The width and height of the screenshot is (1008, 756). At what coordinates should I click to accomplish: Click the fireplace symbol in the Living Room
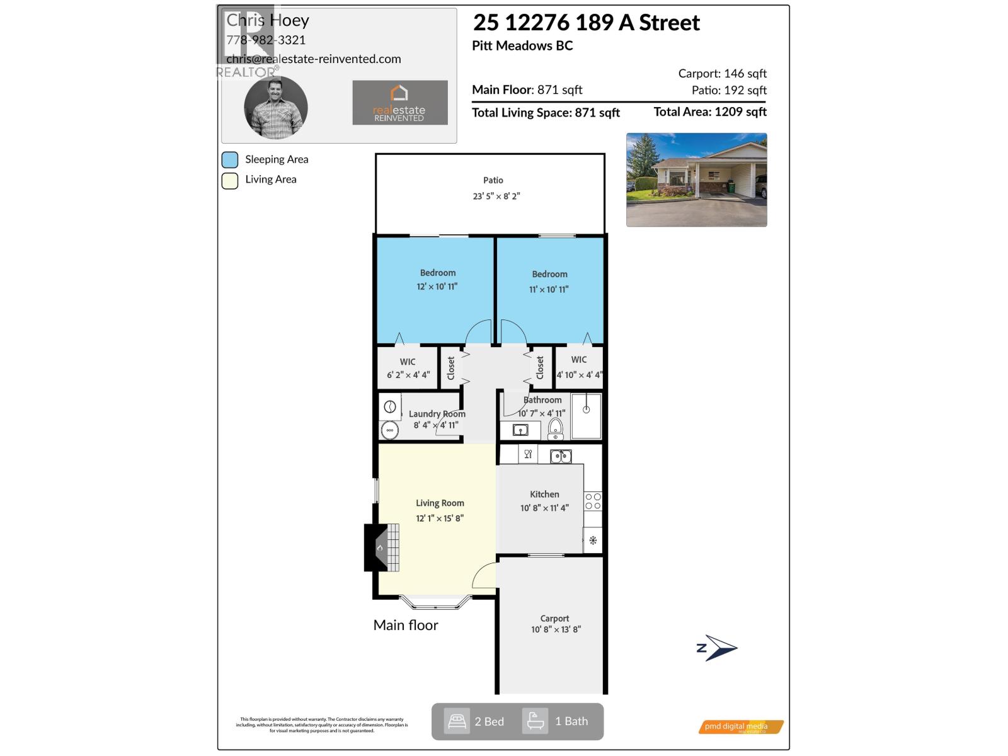pyautogui.click(x=381, y=547)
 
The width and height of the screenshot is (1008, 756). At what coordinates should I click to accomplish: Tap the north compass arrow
pyautogui.click(x=718, y=648)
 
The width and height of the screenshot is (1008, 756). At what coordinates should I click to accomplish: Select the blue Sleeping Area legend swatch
pyautogui.click(x=230, y=159)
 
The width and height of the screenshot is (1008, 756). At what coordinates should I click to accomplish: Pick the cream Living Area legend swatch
pyautogui.click(x=230, y=180)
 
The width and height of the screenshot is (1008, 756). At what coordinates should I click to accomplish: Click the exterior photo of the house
pyautogui.click(x=696, y=180)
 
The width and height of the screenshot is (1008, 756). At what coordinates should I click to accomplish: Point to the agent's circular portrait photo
pyautogui.click(x=276, y=107)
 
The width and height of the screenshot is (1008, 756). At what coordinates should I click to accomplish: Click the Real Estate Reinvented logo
pyautogui.click(x=399, y=102)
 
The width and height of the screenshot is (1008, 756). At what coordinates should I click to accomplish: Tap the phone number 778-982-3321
pyautogui.click(x=266, y=40)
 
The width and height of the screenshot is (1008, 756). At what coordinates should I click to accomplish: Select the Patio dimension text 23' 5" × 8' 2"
pyautogui.click(x=496, y=196)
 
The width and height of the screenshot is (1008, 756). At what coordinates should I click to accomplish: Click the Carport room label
pyautogui.click(x=554, y=619)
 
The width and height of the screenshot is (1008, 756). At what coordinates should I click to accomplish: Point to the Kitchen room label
pyautogui.click(x=544, y=495)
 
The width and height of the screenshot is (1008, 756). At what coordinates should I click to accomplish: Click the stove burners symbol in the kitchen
pyautogui.click(x=593, y=501)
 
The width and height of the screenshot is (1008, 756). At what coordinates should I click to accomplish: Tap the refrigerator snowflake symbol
pyautogui.click(x=593, y=540)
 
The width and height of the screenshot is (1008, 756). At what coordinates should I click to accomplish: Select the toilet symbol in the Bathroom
pyautogui.click(x=555, y=428)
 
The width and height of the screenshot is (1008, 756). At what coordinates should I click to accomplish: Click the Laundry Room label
pyautogui.click(x=437, y=414)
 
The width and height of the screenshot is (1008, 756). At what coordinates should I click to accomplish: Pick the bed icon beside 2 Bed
pyautogui.click(x=457, y=721)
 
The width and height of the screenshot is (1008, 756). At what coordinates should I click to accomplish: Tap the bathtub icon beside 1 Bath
pyautogui.click(x=535, y=721)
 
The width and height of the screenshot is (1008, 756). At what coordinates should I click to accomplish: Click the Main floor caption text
pyautogui.click(x=406, y=625)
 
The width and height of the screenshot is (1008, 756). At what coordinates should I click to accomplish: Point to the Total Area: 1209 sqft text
pyautogui.click(x=710, y=112)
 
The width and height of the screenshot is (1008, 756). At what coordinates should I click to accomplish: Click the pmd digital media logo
pyautogui.click(x=741, y=726)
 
